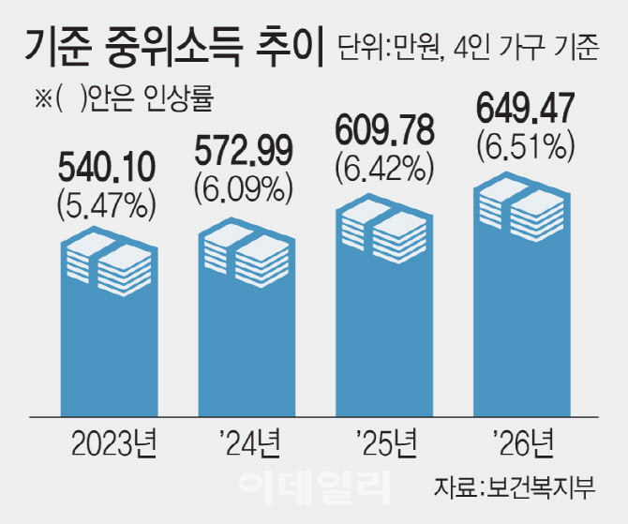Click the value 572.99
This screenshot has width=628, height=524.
pyautogui.click(x=243, y=151)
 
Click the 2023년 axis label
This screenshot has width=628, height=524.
pyautogui.click(x=107, y=440)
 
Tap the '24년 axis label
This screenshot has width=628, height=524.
pyautogui.click(x=243, y=440)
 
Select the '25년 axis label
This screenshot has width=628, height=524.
pyautogui.click(x=383, y=440)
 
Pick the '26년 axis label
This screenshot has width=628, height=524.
pyautogui.click(x=523, y=440)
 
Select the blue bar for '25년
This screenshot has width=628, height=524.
pyautogui.click(x=383, y=328)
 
